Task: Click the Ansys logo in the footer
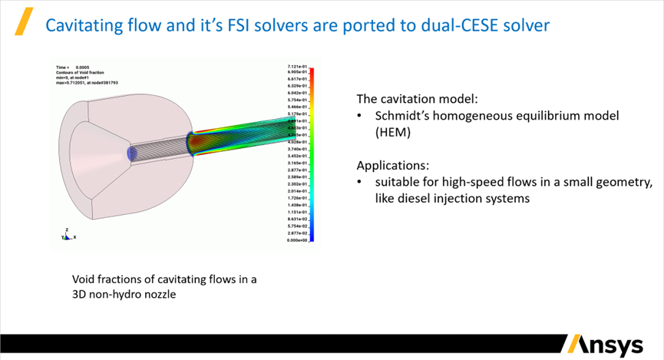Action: [605, 345]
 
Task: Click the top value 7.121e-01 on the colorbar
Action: [298, 68]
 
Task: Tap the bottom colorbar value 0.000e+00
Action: [298, 240]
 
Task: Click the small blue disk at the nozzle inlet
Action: [131, 154]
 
